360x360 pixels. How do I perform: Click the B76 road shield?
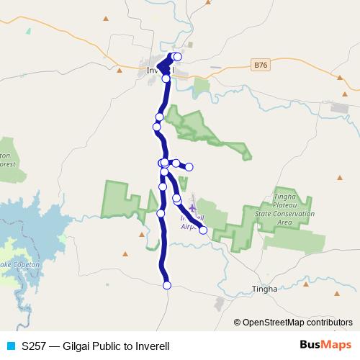pos(261,66)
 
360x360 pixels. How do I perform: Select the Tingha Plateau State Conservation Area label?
pos(294,208)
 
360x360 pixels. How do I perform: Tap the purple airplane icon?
pos(192,208)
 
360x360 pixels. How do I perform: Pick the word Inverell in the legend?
pos(152,346)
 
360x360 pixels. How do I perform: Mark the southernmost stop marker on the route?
pos(167,286)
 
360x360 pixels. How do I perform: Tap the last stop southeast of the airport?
pos(203,230)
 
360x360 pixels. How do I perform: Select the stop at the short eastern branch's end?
pos(189,167)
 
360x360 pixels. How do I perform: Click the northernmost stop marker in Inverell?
pos(177,56)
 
